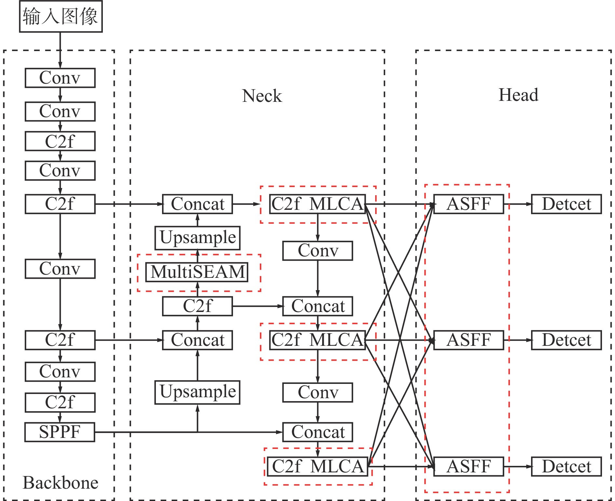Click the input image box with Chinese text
61,16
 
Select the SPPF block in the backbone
60,432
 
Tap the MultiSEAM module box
197,272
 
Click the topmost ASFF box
469,204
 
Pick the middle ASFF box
469,340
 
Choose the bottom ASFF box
469,467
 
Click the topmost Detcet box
566,204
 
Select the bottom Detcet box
566,467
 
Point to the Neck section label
262,96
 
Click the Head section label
518,95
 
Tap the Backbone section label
61,482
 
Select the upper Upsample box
198,238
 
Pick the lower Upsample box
198,392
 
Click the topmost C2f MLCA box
318,204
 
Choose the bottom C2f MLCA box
318,467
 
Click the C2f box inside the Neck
198,306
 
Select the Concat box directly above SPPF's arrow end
318,432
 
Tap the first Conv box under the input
60,78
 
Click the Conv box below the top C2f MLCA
318,251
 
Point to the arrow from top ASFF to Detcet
517,204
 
